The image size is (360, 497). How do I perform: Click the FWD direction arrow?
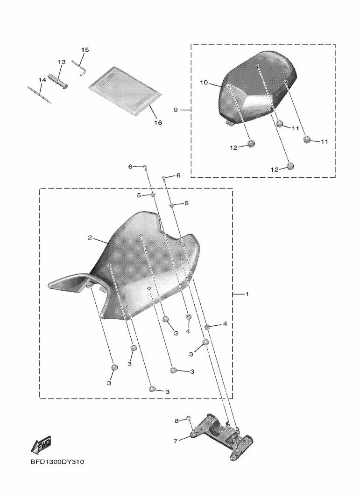[x=41, y=446]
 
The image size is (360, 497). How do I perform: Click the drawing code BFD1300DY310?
[x=57, y=462]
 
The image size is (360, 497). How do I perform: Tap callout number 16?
[x=158, y=122]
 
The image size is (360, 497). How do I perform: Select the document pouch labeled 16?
[x=125, y=91]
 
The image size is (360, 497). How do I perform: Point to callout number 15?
[x=85, y=50]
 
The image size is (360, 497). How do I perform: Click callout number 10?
[x=204, y=83]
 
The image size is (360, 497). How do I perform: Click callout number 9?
[x=176, y=110]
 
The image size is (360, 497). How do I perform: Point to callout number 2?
[x=90, y=238]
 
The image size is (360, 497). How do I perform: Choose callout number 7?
[x=176, y=441]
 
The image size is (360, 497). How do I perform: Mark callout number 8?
[x=176, y=421]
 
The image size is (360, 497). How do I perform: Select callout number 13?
[x=62, y=62]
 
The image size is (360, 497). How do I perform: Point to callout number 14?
[x=42, y=80]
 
